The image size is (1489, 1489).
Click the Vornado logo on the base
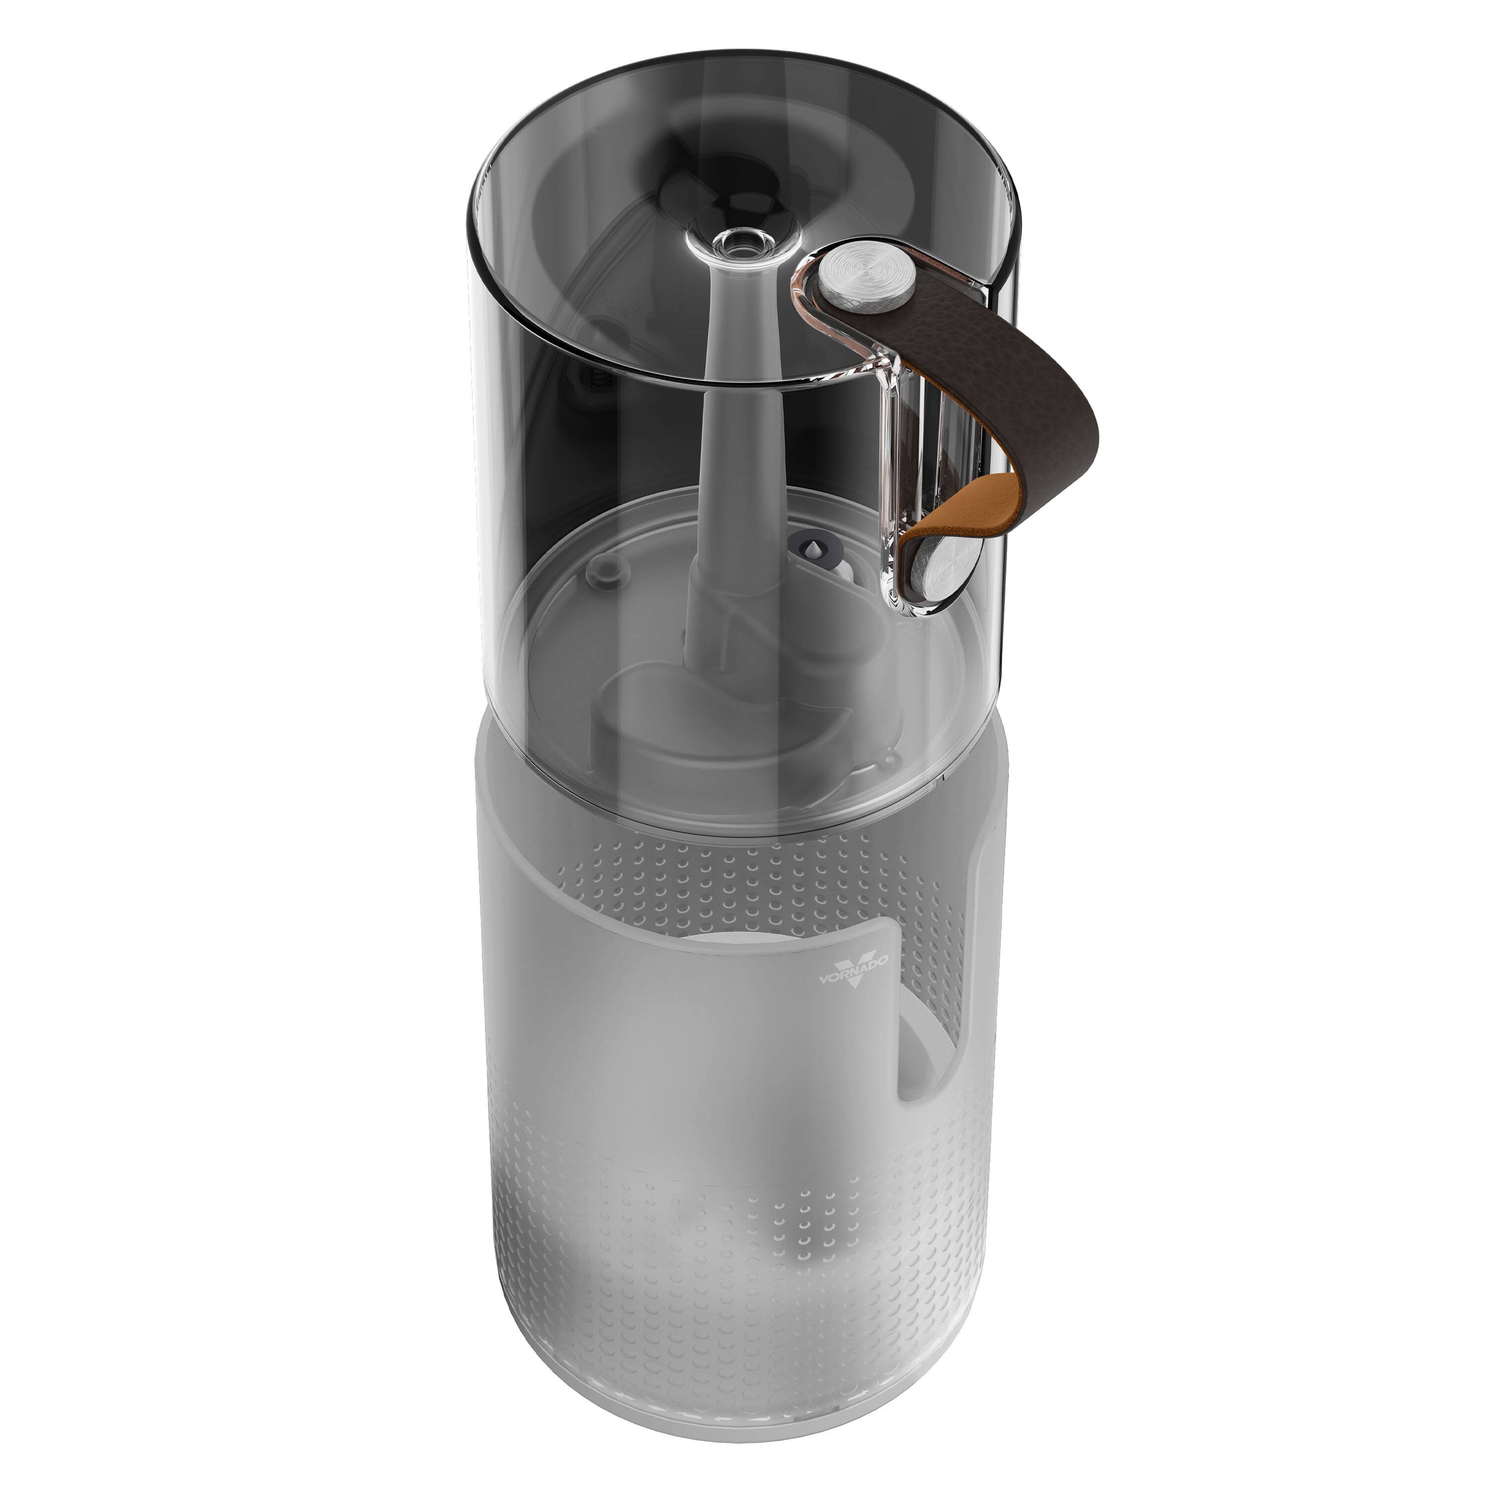853,966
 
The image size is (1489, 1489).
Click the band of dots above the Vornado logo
740,886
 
